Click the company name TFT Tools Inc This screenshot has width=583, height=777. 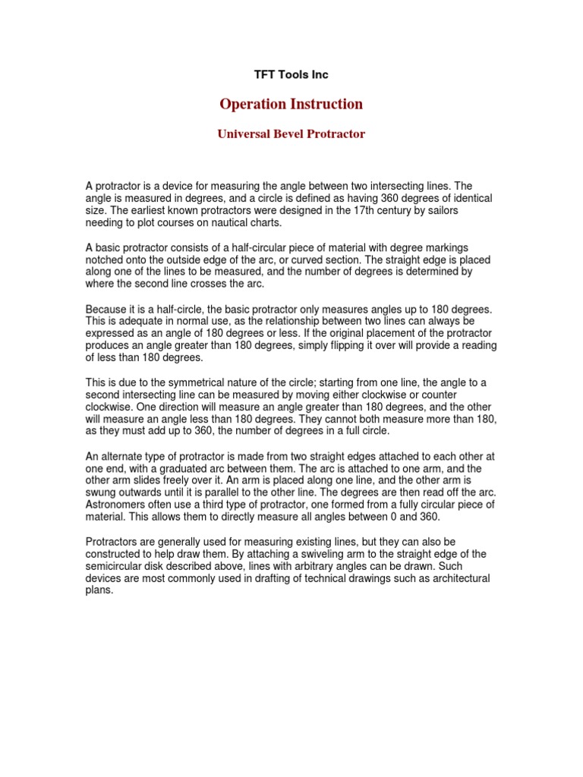click(291, 74)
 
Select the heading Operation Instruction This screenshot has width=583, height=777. click(291, 104)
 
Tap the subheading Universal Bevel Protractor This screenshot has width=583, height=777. click(291, 134)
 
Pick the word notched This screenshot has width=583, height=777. click(102, 260)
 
